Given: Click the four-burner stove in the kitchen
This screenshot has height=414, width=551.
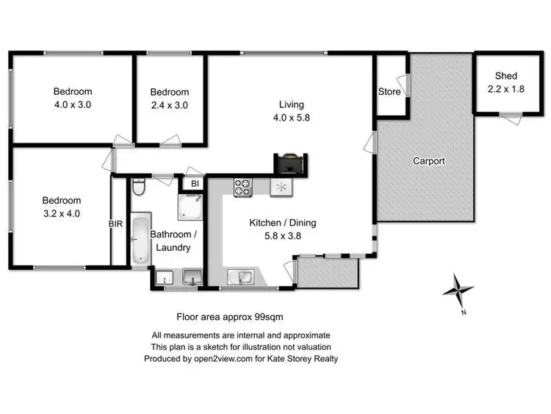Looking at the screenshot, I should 243,188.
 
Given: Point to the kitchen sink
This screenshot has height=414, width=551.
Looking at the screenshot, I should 242,276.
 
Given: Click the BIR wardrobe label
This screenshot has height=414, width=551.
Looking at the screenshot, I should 116,223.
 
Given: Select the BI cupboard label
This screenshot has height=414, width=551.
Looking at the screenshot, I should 195,183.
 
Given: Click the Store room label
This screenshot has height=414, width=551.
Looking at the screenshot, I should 389,92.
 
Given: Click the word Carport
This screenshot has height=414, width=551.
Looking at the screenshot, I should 428,161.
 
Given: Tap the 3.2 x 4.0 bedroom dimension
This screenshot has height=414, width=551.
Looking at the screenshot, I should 61,213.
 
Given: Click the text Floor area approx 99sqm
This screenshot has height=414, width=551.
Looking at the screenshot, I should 230,317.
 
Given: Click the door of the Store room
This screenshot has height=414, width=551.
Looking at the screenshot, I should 401,83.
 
